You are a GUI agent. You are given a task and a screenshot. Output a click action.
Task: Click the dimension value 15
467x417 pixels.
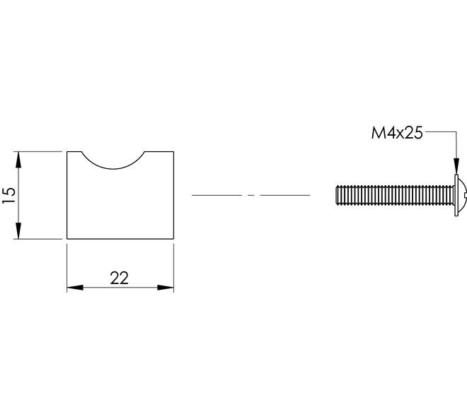click(x=9, y=195)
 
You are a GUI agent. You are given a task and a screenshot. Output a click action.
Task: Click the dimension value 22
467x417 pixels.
click(x=119, y=278)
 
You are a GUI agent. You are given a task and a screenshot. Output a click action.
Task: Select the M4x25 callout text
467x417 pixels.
click(x=397, y=133)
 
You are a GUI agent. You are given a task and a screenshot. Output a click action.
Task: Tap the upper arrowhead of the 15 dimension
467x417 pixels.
click(x=18, y=160)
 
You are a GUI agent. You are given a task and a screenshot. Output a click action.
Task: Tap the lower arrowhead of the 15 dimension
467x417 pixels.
click(x=18, y=230)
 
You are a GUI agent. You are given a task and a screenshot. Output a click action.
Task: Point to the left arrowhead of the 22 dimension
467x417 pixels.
click(x=75, y=288)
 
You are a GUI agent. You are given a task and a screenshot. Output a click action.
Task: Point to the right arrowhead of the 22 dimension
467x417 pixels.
click(x=166, y=288)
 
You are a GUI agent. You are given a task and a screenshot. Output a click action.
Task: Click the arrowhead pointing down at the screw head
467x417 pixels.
click(x=456, y=166)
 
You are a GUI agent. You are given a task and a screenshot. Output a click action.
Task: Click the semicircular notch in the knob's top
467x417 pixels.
click(x=113, y=169)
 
